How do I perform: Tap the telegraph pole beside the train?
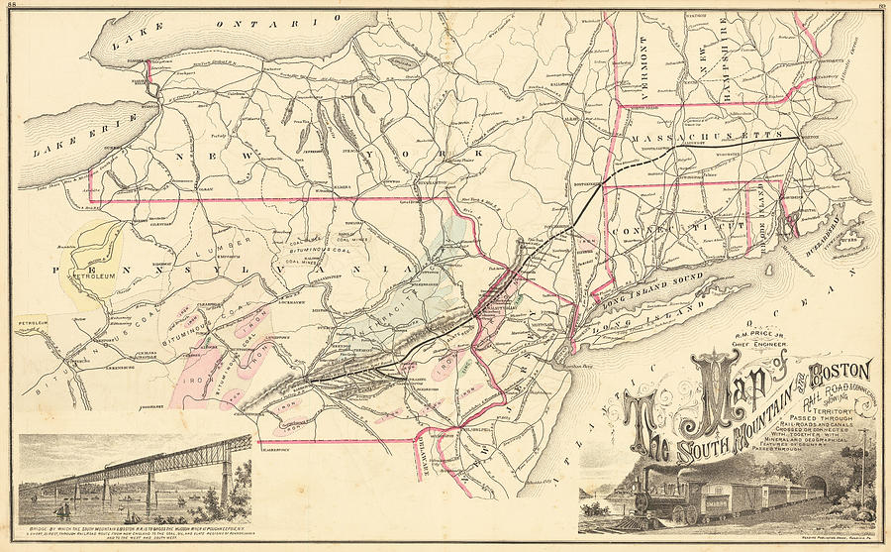pyautogui.click(x=862, y=466)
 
